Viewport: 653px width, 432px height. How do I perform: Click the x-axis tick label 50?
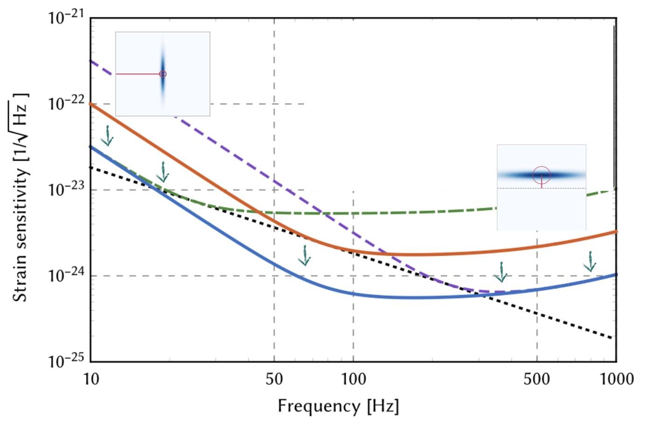(x=274, y=379)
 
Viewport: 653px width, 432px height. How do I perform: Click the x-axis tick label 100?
(x=353, y=379)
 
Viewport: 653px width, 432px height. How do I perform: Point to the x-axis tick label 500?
(x=536, y=379)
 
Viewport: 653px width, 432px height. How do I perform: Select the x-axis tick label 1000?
(x=616, y=379)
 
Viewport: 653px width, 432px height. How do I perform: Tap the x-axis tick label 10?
(x=91, y=379)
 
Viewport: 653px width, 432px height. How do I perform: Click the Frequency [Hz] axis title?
(x=338, y=406)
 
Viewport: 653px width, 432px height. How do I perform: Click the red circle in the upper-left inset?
(x=163, y=74)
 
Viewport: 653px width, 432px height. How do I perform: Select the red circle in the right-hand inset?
(x=542, y=175)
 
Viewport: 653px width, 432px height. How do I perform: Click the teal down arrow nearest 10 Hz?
(x=108, y=136)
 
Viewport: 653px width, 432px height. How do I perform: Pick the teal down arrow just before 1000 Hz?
(x=590, y=262)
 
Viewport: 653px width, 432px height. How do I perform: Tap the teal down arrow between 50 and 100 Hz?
(x=305, y=256)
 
